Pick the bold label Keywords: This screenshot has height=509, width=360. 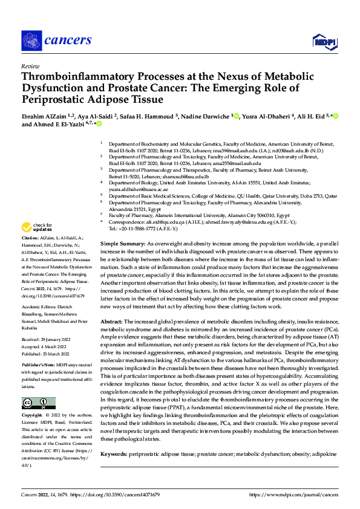(114, 453)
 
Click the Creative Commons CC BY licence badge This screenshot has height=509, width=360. (39, 403)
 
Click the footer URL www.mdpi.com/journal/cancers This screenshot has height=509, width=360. (295, 494)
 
